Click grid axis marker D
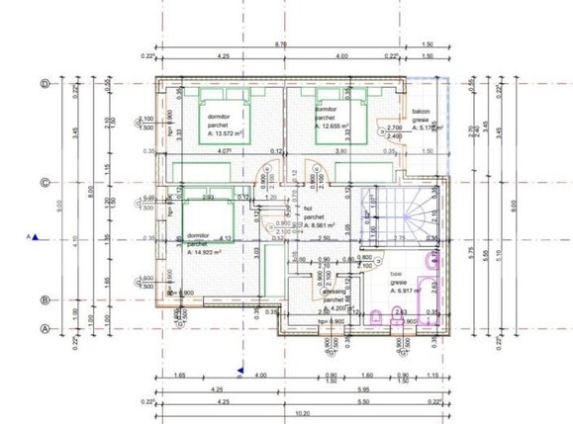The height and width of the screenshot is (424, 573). pos(46,84)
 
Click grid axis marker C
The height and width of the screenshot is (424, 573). pos(46,182)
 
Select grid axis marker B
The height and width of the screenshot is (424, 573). pos(46,299)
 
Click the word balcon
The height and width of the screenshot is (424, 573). pos(422,112)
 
